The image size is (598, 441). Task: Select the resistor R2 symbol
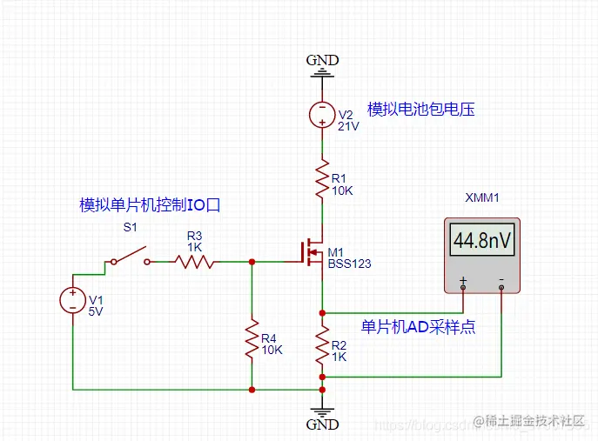tap(323, 345)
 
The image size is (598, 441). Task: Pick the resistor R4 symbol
tap(252, 339)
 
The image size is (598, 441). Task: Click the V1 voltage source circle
tap(71, 300)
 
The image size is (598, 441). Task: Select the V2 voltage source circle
tap(323, 114)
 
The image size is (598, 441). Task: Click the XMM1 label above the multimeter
tap(482, 198)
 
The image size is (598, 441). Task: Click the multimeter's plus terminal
tap(462, 281)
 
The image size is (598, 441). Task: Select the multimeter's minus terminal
tap(501, 281)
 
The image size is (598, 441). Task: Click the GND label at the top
tap(322, 60)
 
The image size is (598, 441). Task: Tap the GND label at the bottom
tap(322, 424)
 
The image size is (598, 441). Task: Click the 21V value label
tap(348, 125)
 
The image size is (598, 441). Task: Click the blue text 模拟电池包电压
tap(421, 109)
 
